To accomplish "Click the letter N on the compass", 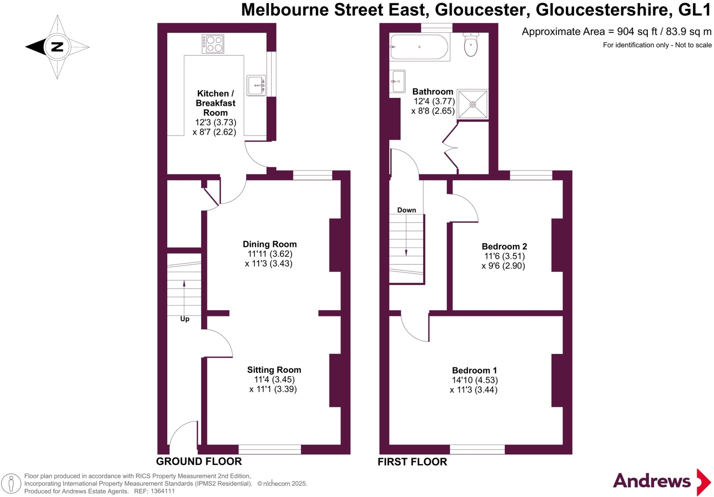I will tap(57, 47).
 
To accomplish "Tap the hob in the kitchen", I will tap(213, 44).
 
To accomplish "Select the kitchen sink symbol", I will tap(256, 85).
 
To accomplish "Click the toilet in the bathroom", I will tap(471, 45).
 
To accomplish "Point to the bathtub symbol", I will tap(419, 47).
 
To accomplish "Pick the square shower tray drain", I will tap(473, 104).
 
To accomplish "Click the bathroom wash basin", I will tap(397, 81).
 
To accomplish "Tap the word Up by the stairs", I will tap(185, 319).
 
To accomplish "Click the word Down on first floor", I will tap(407, 210).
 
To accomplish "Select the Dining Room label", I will tap(269, 244).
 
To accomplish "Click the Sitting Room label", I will tap(274, 370).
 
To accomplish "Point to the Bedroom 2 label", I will tap(504, 247).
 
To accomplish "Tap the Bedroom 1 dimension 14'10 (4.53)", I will tap(474, 380).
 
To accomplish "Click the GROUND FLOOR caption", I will tap(199, 461).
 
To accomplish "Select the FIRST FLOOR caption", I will tap(412, 462).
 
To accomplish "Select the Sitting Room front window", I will tap(269, 450).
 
